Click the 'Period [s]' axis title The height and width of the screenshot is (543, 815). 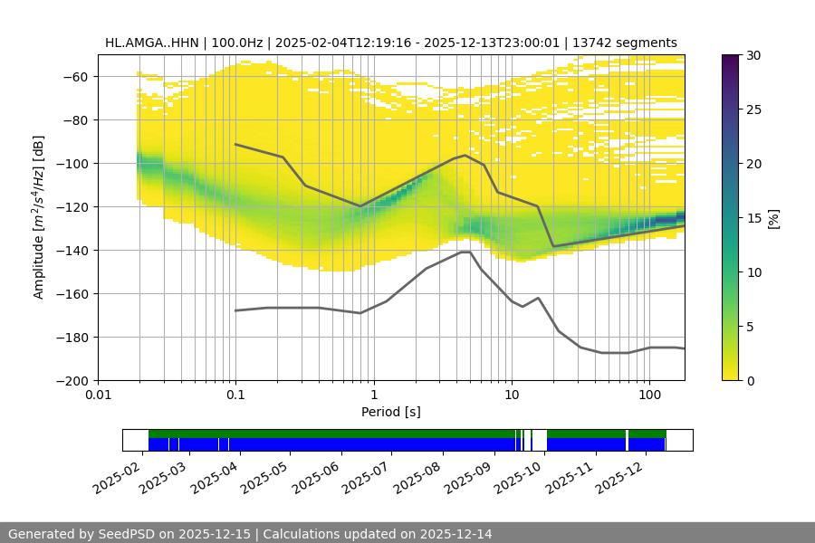(390, 412)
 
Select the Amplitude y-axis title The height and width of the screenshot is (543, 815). (38, 217)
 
